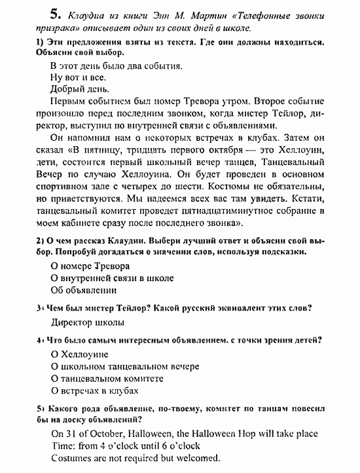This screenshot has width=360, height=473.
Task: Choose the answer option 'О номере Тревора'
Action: coord(90,266)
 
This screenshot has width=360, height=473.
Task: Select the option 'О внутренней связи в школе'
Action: coord(112,278)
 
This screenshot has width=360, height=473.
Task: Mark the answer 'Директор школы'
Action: coord(87,322)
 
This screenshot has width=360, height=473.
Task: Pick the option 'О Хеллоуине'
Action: coord(79,354)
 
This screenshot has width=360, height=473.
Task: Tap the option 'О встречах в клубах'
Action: coord(94,390)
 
